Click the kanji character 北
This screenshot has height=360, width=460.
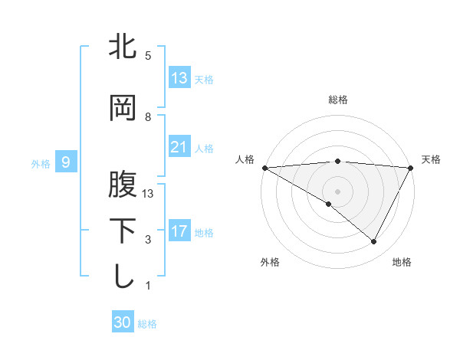pos(123,47)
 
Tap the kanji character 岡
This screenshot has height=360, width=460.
pos(123,110)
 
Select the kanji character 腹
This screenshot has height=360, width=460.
pos(123,185)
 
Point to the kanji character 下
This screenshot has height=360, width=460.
pos(123,231)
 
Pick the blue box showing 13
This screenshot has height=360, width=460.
pos(179,77)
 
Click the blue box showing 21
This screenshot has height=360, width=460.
pos(179,147)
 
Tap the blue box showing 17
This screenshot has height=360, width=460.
pos(179,231)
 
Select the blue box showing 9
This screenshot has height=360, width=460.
pos(67,162)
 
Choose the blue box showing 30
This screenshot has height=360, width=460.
pos(123,322)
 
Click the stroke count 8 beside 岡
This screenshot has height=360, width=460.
pos(148,116)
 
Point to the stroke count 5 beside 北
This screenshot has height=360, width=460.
pos(148,56)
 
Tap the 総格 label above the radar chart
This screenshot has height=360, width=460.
pos(338,100)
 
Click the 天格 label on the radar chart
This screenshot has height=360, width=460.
pos(431,159)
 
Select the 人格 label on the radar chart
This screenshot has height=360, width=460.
pos(245,159)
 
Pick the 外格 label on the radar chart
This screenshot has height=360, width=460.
pos(270,263)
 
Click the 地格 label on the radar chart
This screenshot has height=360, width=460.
pos(402,263)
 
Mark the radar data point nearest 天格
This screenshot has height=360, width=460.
pos(411,168)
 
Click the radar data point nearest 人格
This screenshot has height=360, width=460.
pos(264,168)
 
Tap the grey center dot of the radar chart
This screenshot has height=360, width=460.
pos(337,191)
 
